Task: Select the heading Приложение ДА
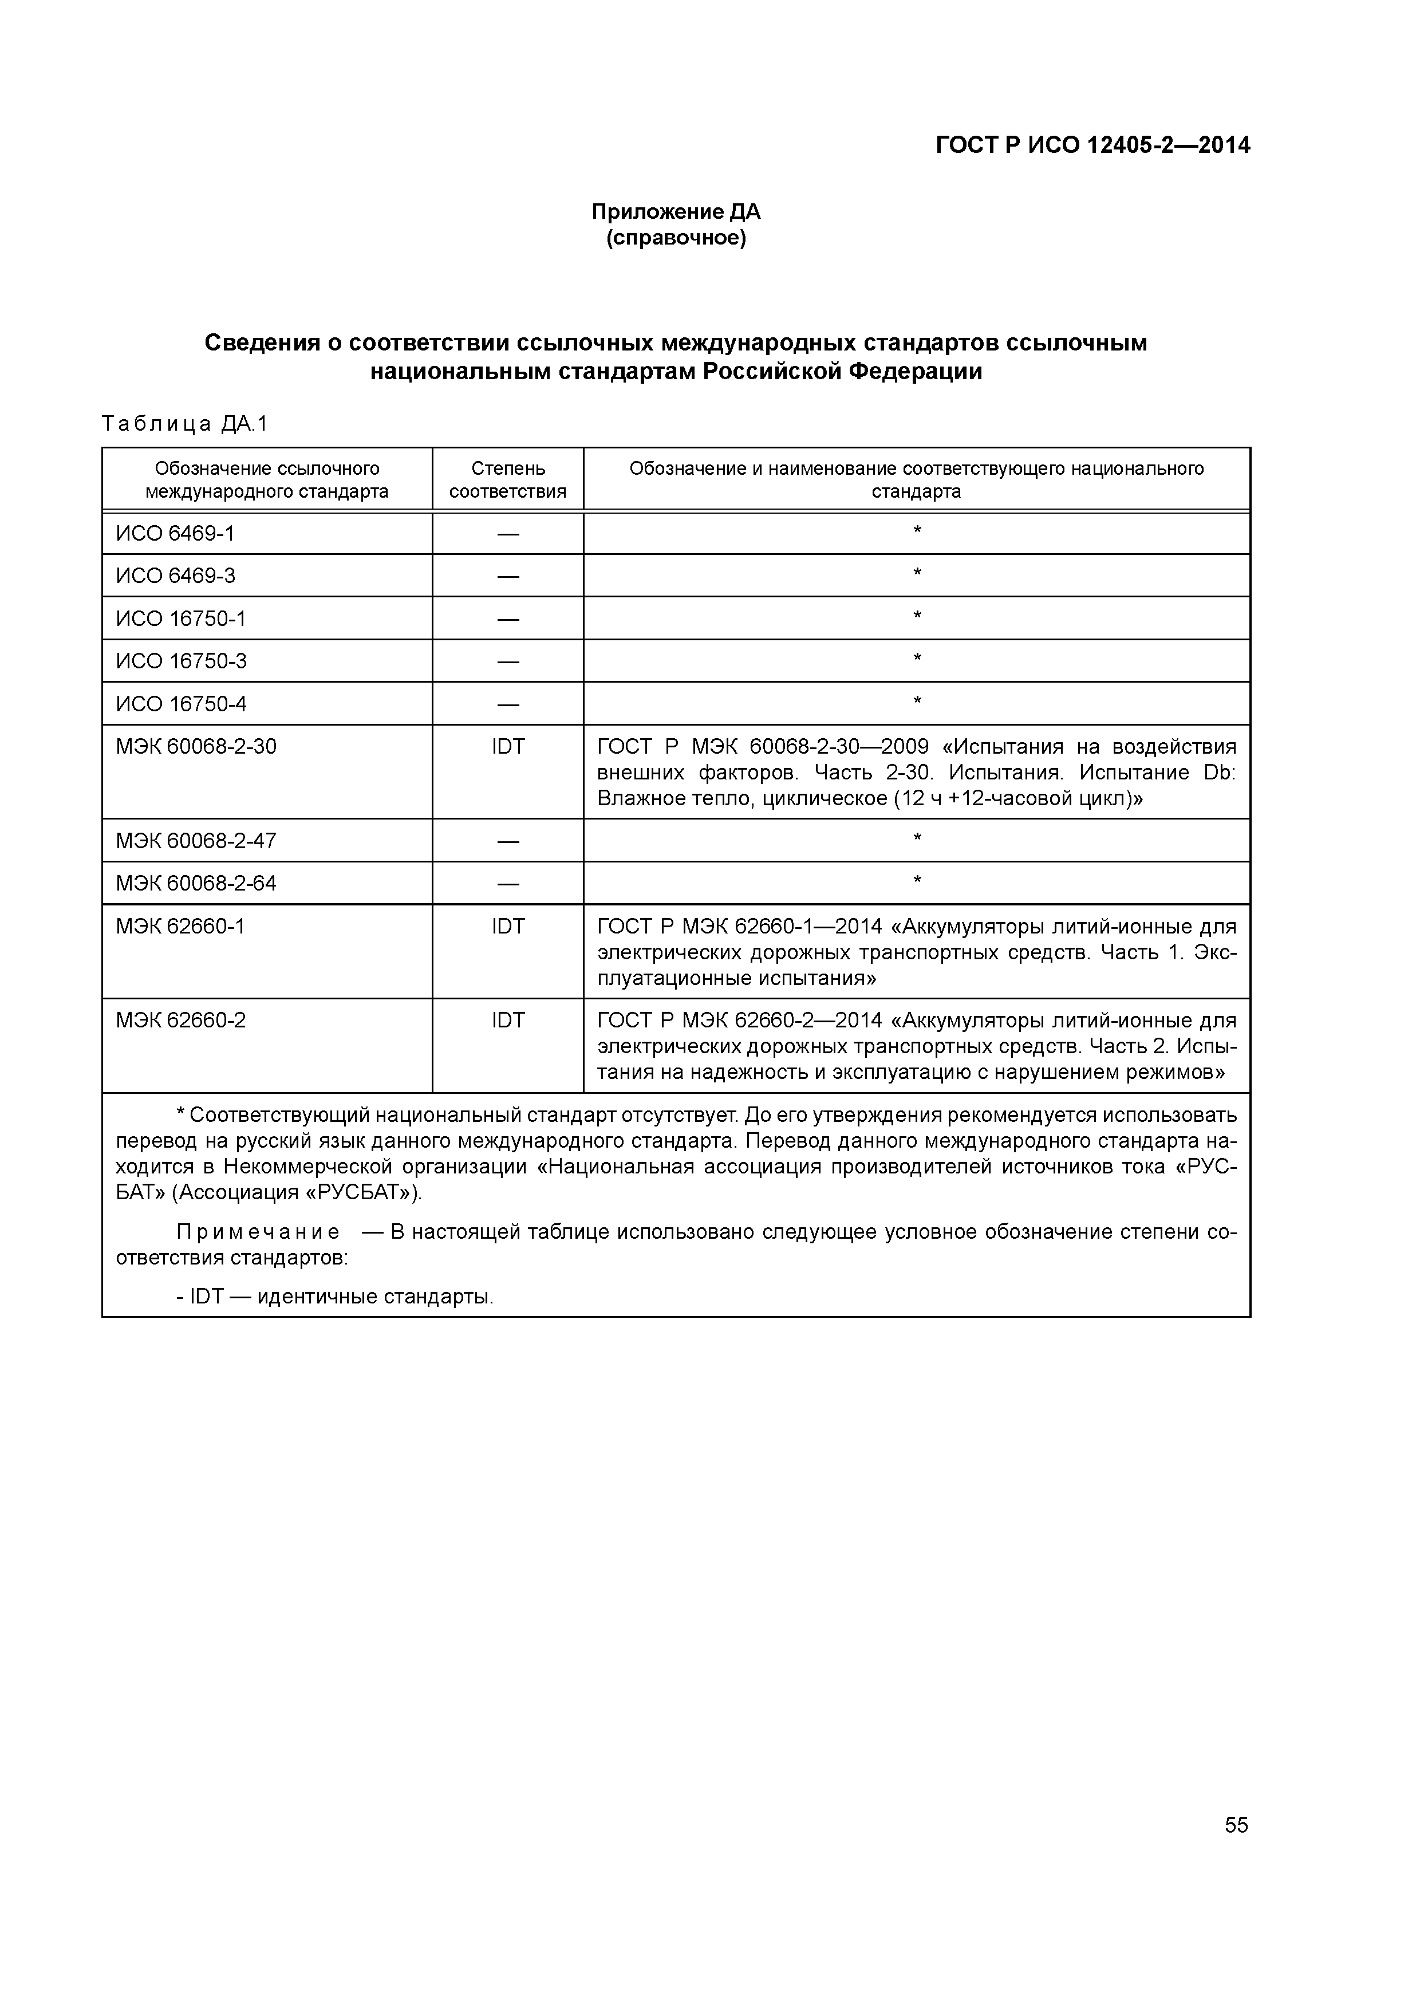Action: point(676,212)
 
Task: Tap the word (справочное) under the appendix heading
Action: point(676,238)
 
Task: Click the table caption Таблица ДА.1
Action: point(184,424)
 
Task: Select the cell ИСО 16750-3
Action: point(181,661)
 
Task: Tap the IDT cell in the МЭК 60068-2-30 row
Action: point(507,746)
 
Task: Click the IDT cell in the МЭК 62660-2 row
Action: point(507,1021)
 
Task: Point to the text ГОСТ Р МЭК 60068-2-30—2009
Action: point(763,746)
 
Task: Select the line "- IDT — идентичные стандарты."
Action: point(335,1297)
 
